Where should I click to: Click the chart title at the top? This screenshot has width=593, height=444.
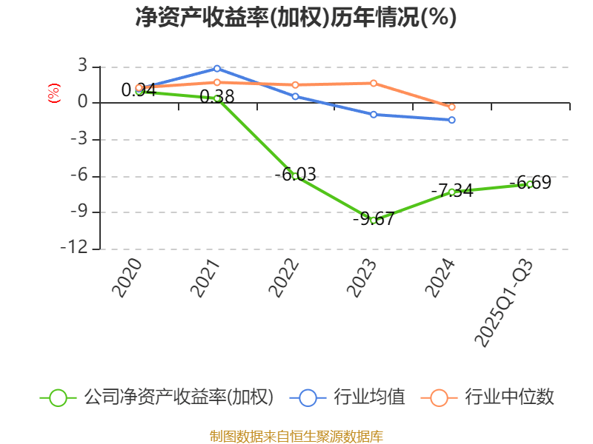tap(296, 18)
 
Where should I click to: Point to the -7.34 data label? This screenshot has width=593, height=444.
tap(451, 190)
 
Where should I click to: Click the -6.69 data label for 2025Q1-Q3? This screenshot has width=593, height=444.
tap(529, 182)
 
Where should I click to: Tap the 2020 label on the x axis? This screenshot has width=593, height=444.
tap(127, 278)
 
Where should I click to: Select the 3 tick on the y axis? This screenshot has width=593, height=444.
tap(83, 67)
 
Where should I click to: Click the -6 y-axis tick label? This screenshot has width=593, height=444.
tap(78, 176)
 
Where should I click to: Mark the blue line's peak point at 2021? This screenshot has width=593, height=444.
tap(217, 68)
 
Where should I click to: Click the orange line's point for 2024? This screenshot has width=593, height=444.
tap(451, 107)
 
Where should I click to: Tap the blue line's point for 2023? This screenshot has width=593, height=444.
tap(374, 115)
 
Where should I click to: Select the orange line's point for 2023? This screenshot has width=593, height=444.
tap(374, 83)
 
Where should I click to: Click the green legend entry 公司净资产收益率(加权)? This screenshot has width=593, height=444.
tap(157, 397)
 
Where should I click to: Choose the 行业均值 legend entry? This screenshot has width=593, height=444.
tap(351, 397)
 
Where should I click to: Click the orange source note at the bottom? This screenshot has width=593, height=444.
tap(296, 437)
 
